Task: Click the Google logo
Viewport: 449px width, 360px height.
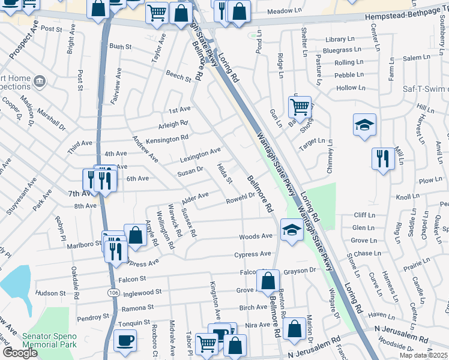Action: [x=20, y=353]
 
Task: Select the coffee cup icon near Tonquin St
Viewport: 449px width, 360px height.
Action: [x=125, y=341]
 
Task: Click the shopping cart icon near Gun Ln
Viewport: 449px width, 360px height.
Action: [x=300, y=107]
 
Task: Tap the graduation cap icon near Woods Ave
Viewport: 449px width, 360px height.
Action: [x=292, y=230]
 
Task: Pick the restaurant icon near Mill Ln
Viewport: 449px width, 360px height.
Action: [x=383, y=159]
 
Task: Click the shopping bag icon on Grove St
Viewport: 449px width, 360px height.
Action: [x=268, y=280]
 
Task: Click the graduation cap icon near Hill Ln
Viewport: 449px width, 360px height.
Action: [x=364, y=124]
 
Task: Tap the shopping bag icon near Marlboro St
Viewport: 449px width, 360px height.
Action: [x=136, y=235]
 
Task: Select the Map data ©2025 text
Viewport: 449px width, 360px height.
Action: [x=424, y=355]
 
